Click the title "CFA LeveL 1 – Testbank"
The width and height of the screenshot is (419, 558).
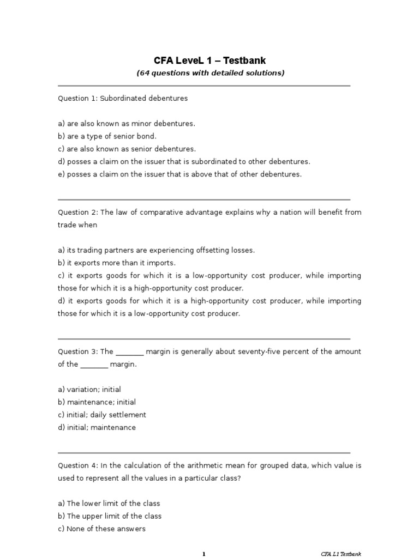click(x=210, y=60)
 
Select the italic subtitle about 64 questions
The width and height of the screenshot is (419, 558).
click(x=210, y=73)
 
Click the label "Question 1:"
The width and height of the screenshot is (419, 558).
click(x=77, y=99)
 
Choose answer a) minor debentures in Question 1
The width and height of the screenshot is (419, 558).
click(x=126, y=124)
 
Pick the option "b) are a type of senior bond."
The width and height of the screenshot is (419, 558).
click(x=107, y=136)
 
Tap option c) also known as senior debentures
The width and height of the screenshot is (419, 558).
click(x=127, y=149)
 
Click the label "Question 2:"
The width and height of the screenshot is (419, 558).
click(x=77, y=213)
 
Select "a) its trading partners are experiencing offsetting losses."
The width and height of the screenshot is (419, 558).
click(x=156, y=250)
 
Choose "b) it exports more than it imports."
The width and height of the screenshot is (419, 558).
click(x=117, y=263)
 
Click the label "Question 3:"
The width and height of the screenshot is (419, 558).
click(x=77, y=351)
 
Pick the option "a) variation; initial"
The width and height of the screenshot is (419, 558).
click(x=89, y=390)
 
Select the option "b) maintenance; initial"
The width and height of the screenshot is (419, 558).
click(x=97, y=402)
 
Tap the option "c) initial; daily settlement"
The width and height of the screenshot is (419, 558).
click(x=102, y=415)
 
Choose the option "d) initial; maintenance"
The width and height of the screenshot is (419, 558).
click(x=97, y=427)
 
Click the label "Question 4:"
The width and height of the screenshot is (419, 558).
click(x=77, y=465)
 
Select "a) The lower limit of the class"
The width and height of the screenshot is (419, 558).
click(x=109, y=504)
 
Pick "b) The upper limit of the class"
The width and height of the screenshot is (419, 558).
click(x=110, y=516)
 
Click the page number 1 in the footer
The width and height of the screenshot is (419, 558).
click(x=204, y=554)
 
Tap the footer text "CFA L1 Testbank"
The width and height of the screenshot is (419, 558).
click(x=341, y=554)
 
